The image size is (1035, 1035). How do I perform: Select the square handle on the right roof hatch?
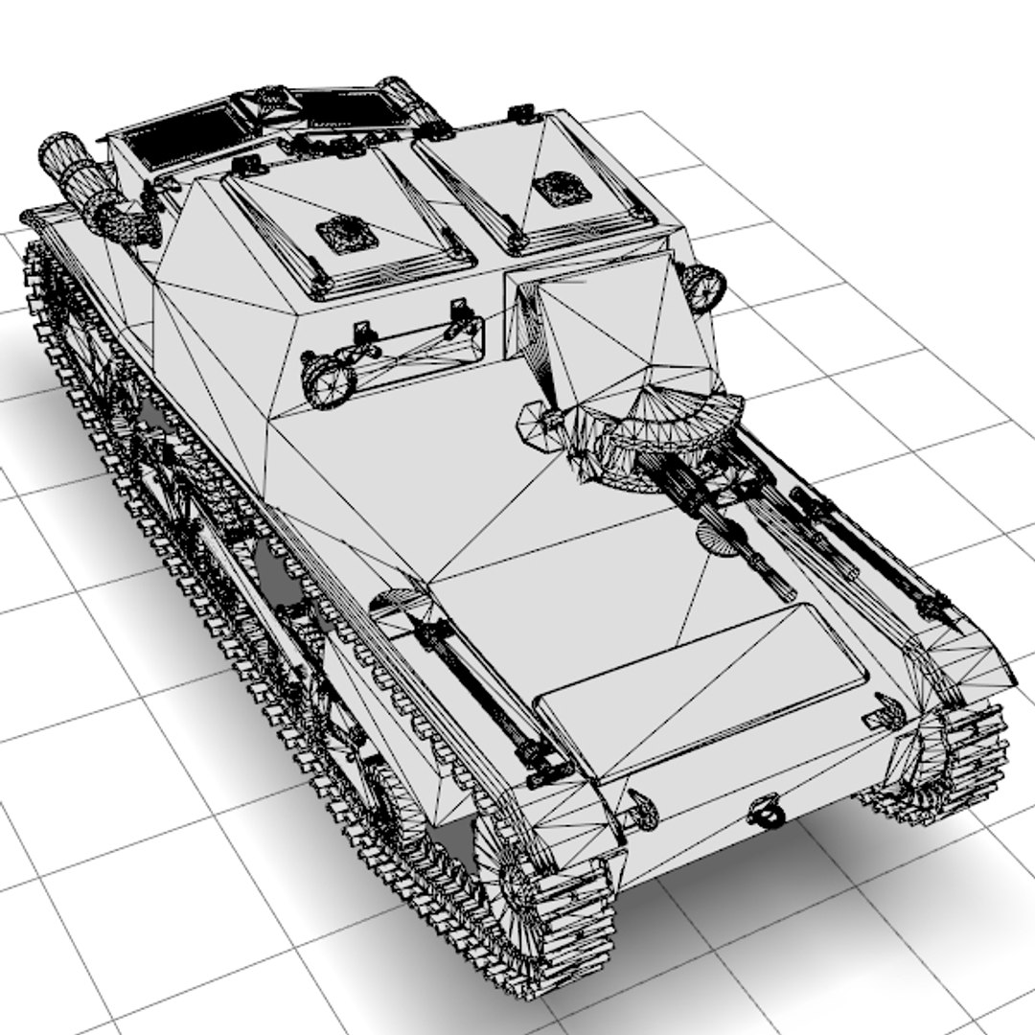click(562, 189)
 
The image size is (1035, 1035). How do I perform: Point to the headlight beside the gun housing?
click(702, 287)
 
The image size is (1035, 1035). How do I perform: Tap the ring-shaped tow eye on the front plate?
click(768, 813)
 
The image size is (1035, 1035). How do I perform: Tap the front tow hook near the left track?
click(642, 810)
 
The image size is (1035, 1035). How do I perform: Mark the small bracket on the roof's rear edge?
click(520, 113)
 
